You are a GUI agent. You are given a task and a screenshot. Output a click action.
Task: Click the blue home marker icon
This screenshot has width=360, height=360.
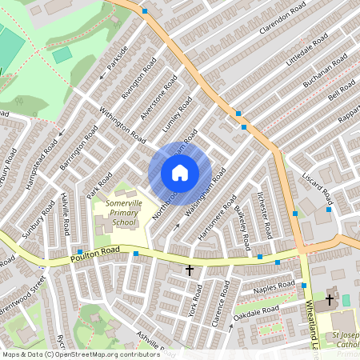[x=180, y=173]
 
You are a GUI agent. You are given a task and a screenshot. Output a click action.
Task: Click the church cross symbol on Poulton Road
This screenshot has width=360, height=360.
[x=190, y=271]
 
